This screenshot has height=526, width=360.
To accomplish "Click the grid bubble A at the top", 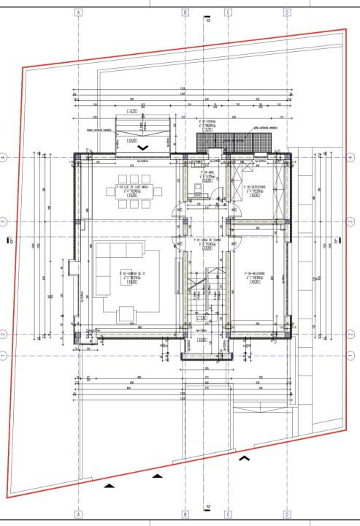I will (x=78, y=12).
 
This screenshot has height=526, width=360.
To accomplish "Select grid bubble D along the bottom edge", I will (x=286, y=513).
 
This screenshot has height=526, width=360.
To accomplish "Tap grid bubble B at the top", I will (x=185, y=12).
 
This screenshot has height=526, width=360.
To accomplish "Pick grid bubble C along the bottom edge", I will (x=228, y=513).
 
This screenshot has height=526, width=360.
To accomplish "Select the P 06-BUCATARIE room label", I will (x=255, y=274).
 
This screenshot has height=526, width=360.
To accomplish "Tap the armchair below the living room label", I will (x=127, y=313).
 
